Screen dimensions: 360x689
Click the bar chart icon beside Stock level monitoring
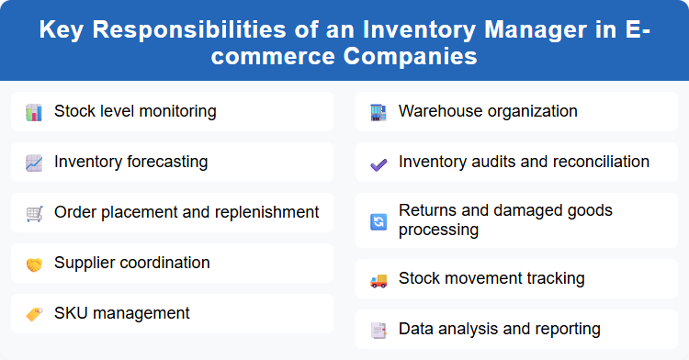(x=34, y=112)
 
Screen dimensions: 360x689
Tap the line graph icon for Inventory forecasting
(x=34, y=163)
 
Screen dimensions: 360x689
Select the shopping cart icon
(x=34, y=213)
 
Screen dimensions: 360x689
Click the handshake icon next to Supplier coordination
(x=34, y=264)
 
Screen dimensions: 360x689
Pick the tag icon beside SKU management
(x=34, y=314)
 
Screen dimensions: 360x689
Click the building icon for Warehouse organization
(x=378, y=112)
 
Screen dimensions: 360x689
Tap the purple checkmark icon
(x=378, y=163)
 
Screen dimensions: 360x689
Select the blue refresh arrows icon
(x=378, y=220)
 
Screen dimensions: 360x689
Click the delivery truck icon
(x=378, y=278)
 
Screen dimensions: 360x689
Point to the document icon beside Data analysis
(x=378, y=329)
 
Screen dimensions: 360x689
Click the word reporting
(x=569, y=328)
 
